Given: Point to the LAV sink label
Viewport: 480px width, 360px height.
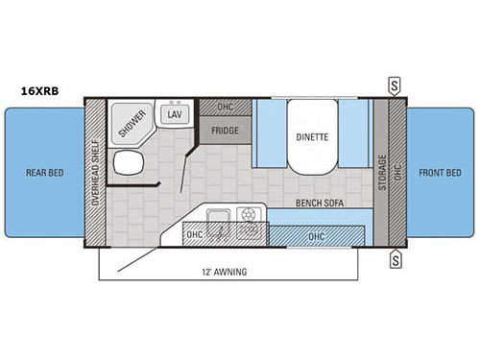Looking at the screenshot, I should [x=174, y=114].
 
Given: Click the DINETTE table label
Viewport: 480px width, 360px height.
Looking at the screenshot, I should [x=311, y=137].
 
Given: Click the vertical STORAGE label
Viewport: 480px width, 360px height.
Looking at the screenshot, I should [x=382, y=173].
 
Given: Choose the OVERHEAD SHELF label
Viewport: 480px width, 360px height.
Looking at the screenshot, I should [x=95, y=174].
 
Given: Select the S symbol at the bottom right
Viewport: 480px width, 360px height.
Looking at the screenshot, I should [x=395, y=258].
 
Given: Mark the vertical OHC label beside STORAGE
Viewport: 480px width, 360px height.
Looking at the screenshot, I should [x=396, y=174].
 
